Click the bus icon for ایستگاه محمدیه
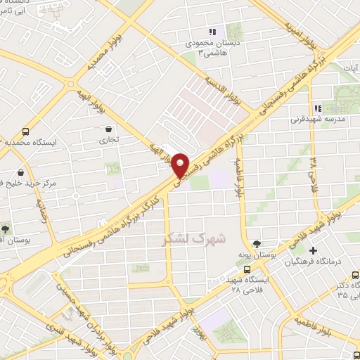click(26, 131)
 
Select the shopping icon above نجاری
click(108, 129)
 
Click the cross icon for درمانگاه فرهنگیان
click(314, 251)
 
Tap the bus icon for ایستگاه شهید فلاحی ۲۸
click(247, 269)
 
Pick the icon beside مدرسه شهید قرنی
click(318, 108)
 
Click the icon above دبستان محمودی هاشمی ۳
click(212, 31)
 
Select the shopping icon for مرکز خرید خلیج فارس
click(20, 171)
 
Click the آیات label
click(349, 68)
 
